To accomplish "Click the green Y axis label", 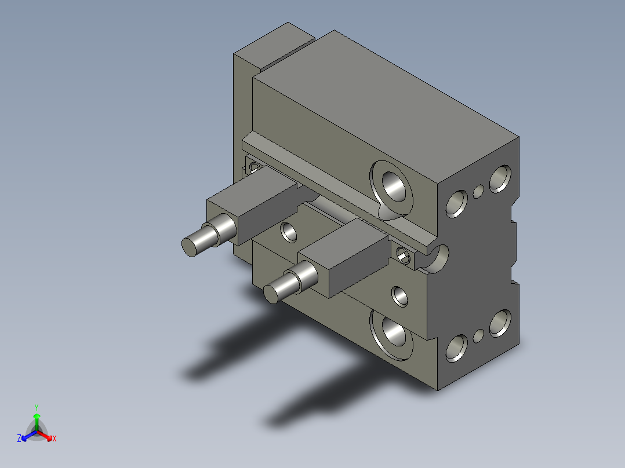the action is tap(37, 407).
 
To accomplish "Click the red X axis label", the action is tap(54, 438).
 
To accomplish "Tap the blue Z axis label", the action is tap(19, 438).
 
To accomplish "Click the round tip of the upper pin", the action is tap(189, 247).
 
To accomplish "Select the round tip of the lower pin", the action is tap(271, 294).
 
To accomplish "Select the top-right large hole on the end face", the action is tap(500, 178).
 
